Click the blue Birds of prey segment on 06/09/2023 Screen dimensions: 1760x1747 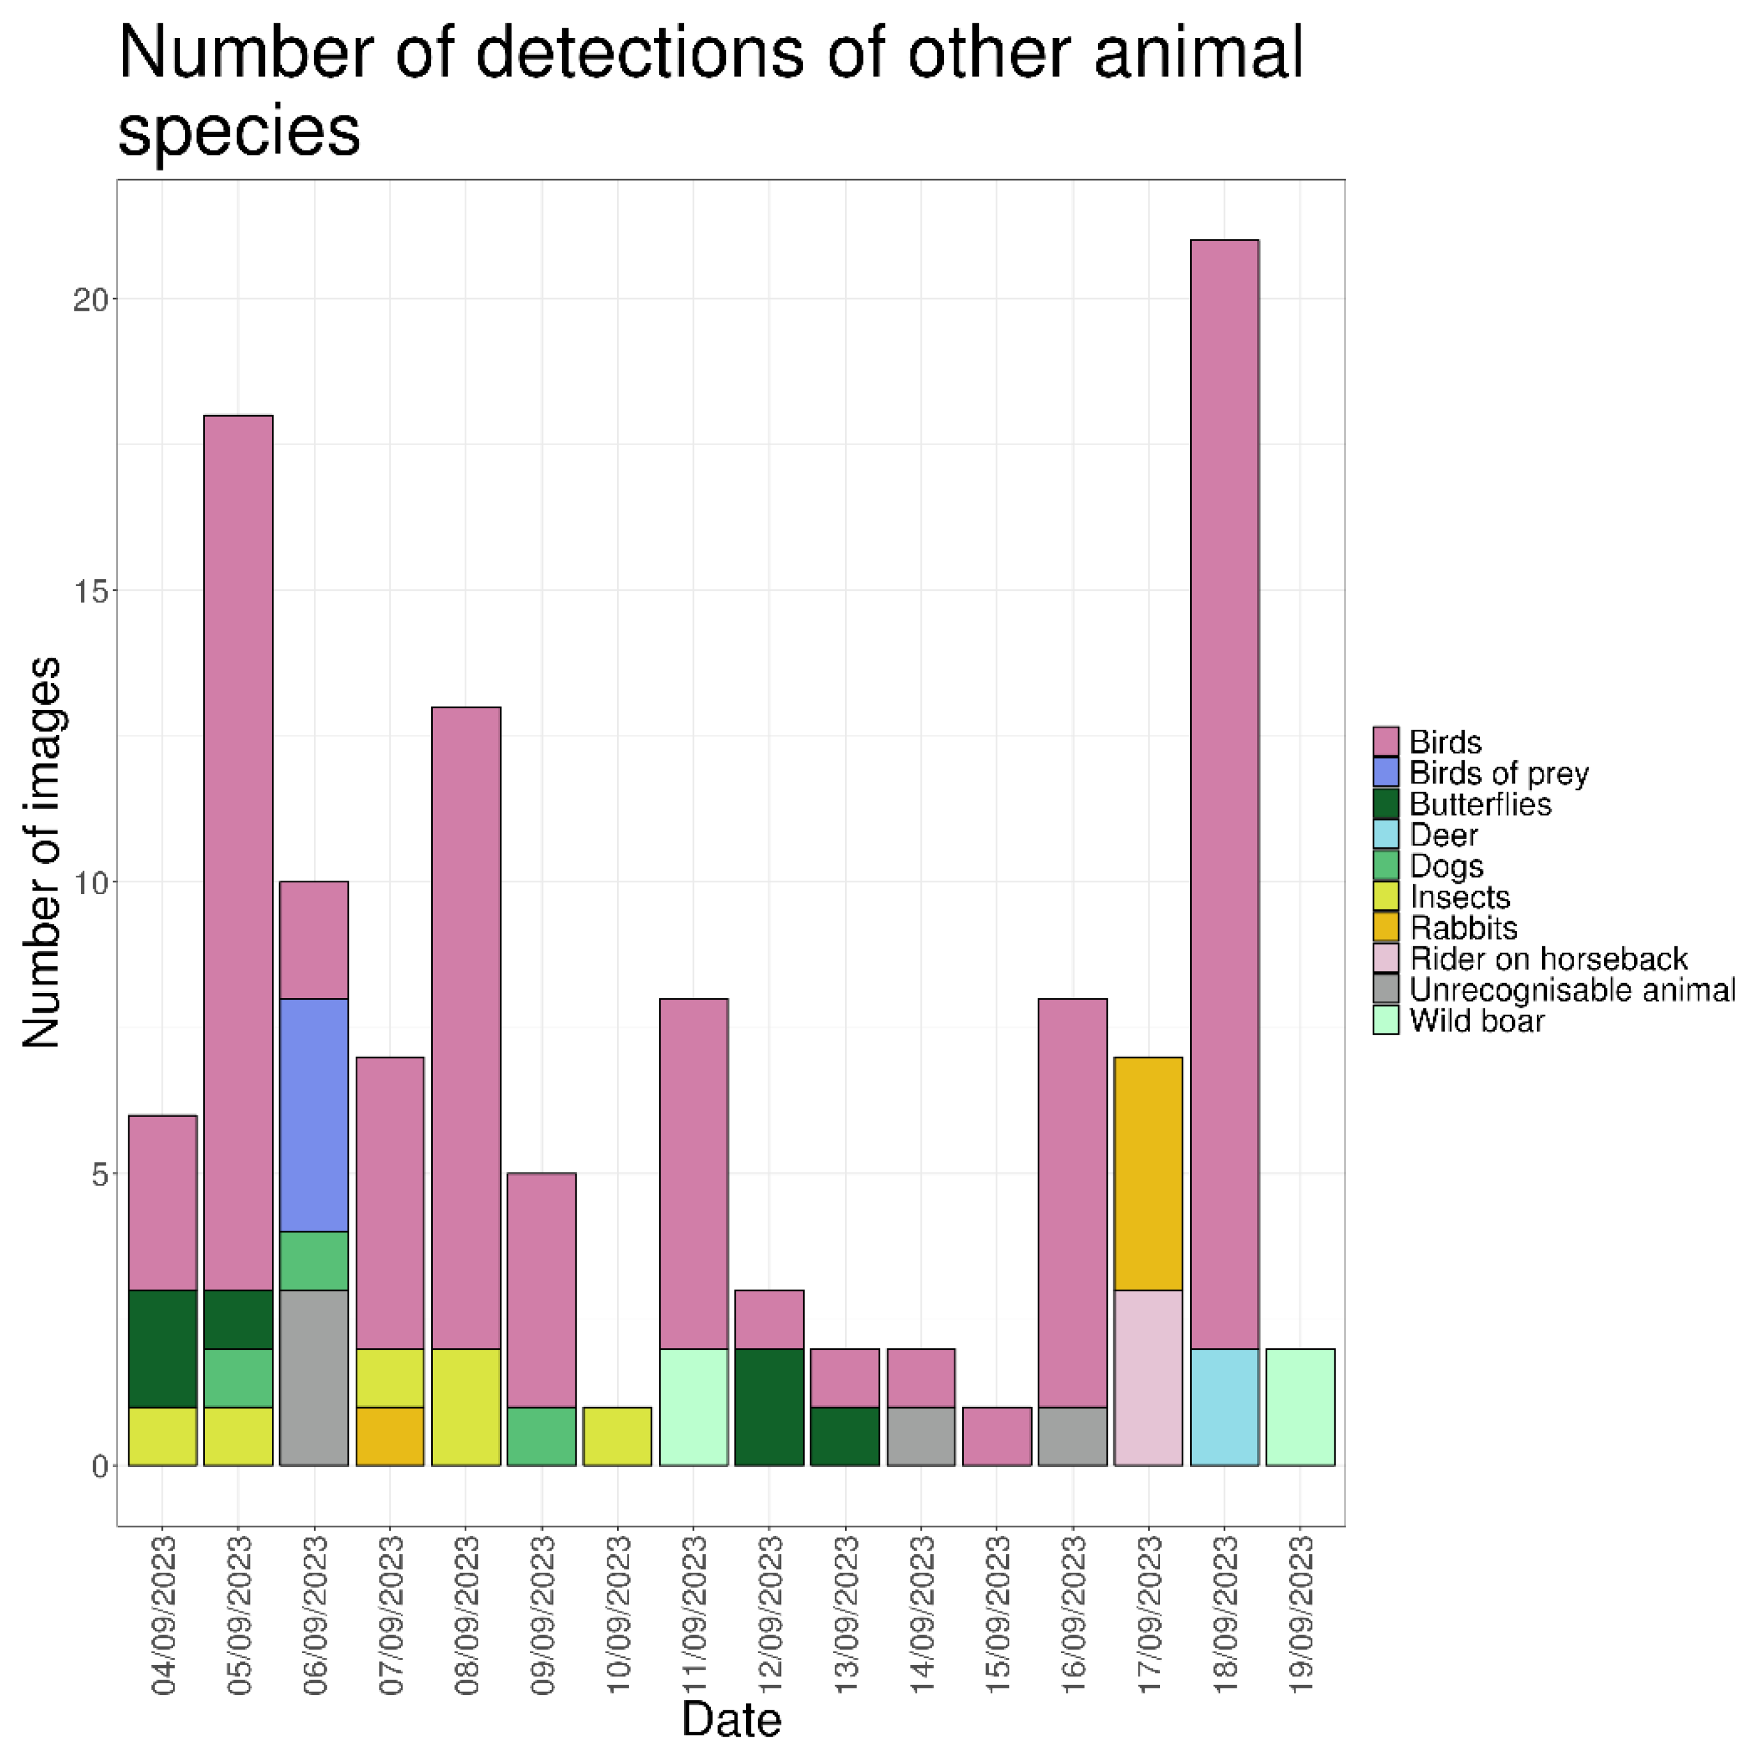313,1115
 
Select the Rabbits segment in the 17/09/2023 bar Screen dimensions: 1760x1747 1148,1174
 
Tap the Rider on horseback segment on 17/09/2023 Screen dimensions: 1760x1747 1148,1377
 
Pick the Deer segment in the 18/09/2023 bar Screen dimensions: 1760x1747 1224,1406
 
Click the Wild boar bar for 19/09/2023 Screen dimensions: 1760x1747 1300,1406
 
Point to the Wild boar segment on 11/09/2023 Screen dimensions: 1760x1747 693,1406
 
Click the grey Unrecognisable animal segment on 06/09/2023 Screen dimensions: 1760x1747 313,1377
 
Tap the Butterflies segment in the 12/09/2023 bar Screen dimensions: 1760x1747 769,1406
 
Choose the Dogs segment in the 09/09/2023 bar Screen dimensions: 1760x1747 541,1436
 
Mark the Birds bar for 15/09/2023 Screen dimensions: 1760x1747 997,1436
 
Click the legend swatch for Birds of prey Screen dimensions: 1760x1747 1385,773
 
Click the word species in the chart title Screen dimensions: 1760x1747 239,130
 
